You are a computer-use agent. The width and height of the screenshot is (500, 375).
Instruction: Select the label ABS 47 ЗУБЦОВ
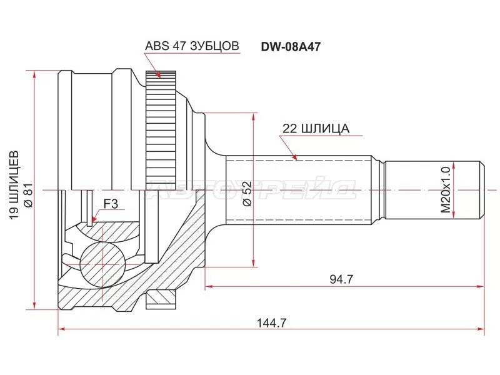pyautogui.click(x=191, y=46)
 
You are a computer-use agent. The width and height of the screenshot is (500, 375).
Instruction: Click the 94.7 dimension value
pyautogui.click(x=341, y=279)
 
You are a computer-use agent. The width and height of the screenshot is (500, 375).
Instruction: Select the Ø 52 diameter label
pyautogui.click(x=246, y=194)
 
